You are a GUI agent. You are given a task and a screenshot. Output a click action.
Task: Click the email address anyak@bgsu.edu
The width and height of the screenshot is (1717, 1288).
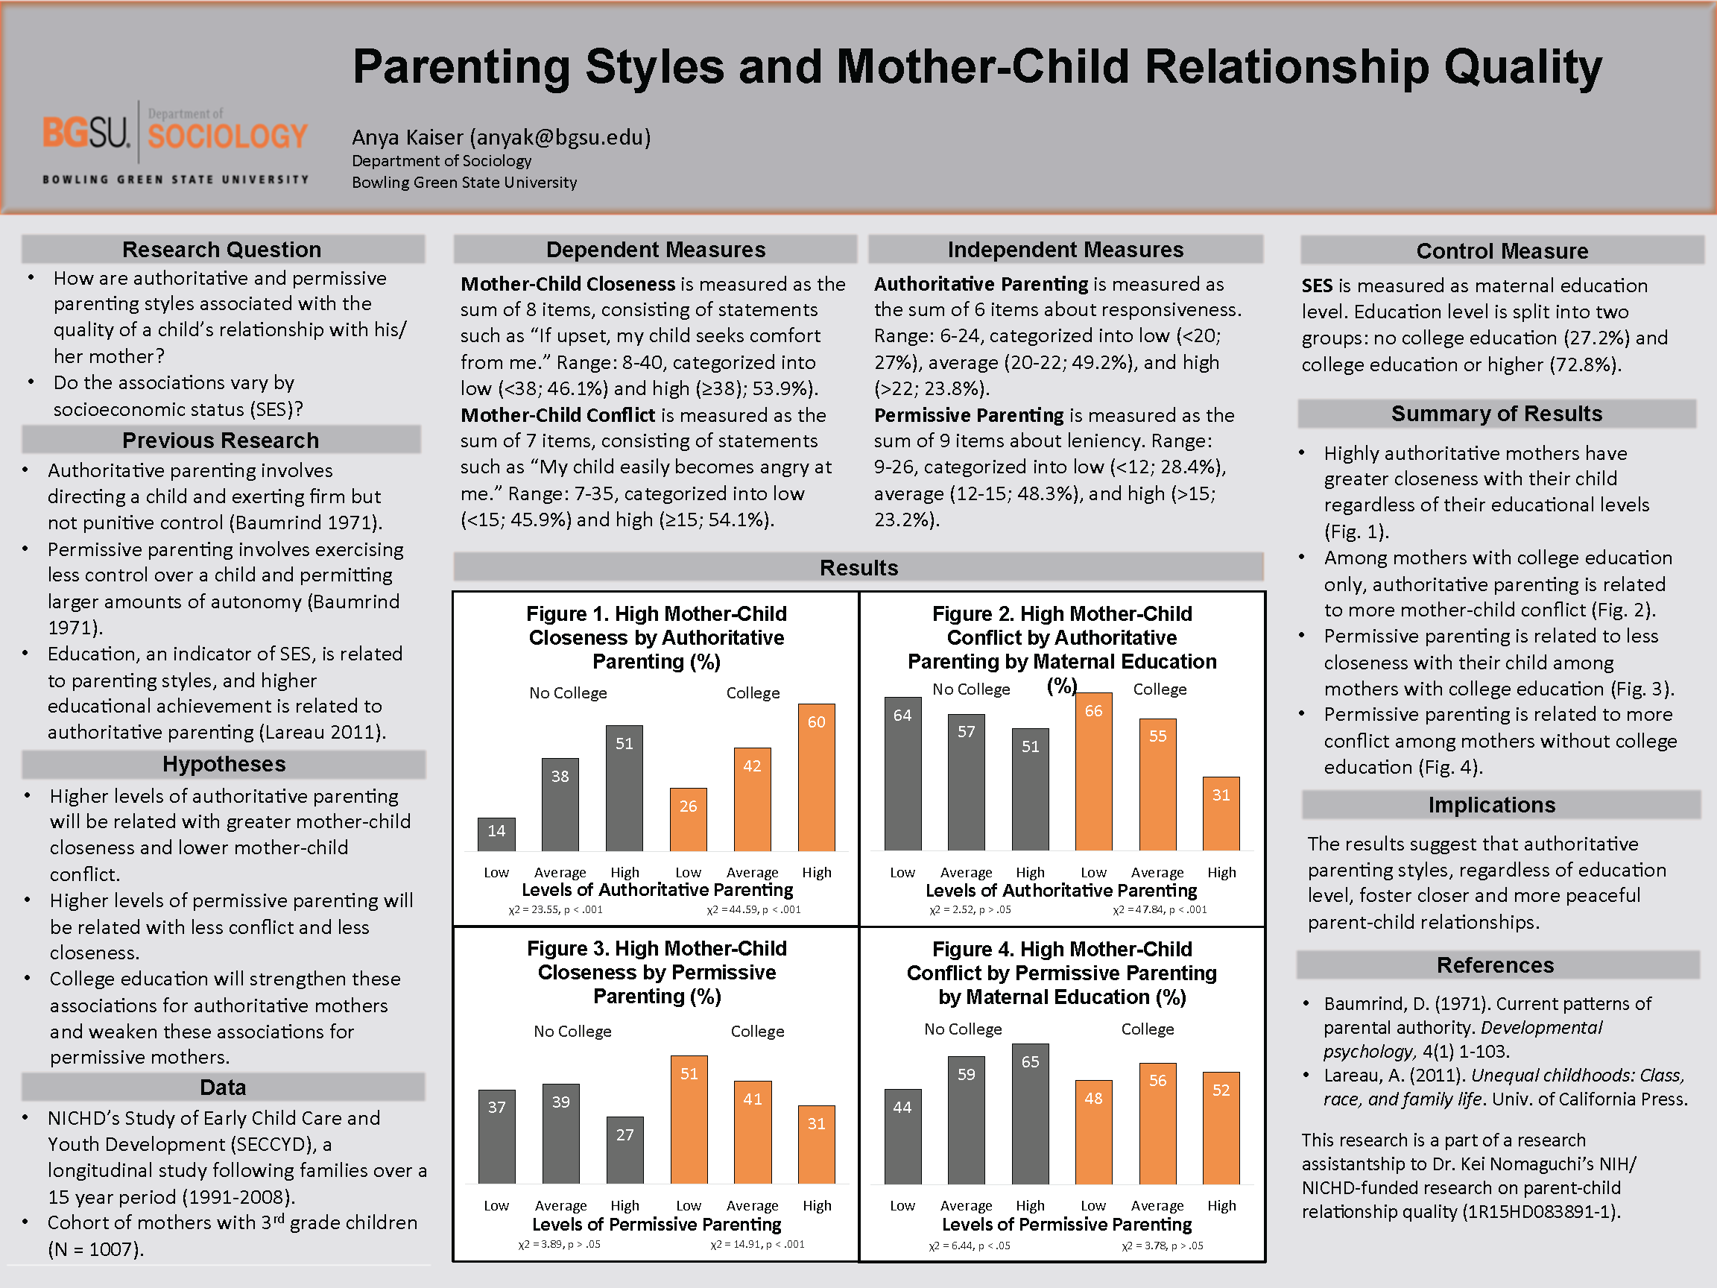[560, 137]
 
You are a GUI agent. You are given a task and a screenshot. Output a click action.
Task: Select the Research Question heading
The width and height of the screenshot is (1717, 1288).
[222, 249]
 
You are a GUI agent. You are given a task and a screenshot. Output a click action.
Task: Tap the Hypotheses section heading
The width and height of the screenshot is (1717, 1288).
[224, 764]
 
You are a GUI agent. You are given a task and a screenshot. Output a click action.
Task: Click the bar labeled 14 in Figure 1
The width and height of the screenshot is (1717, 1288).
[497, 835]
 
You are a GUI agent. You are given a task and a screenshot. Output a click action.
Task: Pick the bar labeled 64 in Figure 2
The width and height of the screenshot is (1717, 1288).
[902, 773]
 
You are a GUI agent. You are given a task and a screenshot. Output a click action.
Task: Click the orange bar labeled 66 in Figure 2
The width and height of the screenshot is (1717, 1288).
[1094, 771]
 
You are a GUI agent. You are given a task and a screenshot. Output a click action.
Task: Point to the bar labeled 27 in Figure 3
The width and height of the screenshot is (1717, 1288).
[624, 1150]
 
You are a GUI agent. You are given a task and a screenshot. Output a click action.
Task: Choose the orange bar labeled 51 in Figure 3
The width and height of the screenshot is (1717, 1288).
[689, 1120]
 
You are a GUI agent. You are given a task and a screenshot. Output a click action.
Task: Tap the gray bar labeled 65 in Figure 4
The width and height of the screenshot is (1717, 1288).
[1030, 1114]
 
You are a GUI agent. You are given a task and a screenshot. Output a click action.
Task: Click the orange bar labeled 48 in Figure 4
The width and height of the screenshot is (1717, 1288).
[1094, 1132]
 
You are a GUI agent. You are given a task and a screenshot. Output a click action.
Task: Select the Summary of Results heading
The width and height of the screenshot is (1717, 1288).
[1496, 414]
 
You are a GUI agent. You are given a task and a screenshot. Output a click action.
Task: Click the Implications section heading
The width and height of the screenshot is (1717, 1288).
[1492, 805]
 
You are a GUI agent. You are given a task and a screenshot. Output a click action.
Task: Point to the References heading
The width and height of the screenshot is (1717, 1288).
[1495, 965]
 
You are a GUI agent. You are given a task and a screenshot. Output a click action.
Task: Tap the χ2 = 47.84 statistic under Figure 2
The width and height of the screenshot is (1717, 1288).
[1160, 910]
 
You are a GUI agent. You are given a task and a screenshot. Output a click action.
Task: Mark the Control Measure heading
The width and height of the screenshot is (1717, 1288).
[1502, 250]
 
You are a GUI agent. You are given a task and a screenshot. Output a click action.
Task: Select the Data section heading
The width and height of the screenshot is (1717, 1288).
[223, 1087]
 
